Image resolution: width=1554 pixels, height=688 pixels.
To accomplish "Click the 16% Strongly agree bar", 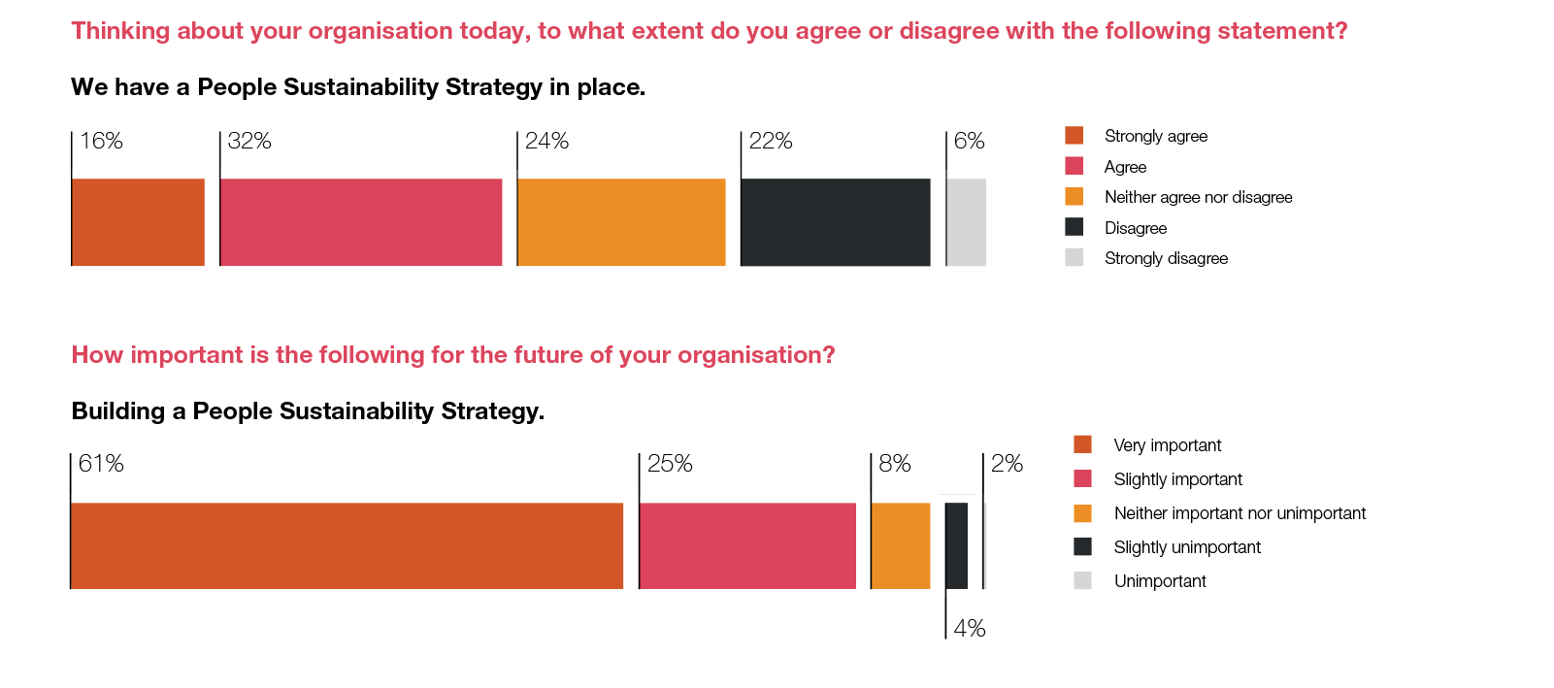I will [138, 222].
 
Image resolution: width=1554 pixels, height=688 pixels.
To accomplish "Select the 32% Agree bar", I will [361, 222].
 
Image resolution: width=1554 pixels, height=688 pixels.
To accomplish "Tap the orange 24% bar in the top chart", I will [621, 222].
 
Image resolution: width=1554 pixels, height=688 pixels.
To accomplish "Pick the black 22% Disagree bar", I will [836, 222].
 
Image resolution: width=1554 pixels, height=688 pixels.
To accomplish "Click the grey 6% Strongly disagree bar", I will [967, 222].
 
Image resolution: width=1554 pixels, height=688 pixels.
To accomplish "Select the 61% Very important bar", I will [347, 545].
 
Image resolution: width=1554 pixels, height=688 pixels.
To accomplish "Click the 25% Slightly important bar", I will [747, 545].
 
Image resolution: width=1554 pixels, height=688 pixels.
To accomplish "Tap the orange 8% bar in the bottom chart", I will [901, 545].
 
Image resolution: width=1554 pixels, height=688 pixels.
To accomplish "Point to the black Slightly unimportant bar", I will [957, 545].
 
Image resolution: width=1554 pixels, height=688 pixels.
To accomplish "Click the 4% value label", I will [970, 629].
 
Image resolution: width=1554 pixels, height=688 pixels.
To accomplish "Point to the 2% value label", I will [1007, 464].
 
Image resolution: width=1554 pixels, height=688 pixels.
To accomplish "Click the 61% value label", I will [101, 464].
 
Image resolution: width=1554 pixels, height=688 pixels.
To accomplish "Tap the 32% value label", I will [249, 141].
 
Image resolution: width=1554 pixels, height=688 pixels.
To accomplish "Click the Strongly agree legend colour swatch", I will [1074, 136].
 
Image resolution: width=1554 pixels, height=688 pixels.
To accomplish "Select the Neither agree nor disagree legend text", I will [1198, 197].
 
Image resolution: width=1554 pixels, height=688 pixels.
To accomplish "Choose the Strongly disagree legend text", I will [1166, 258].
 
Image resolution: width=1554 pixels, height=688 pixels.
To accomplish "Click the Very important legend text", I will [1167, 445].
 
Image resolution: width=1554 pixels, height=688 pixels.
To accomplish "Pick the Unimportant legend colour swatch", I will [1082, 581].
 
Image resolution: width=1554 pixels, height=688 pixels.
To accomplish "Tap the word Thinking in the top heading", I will [120, 31].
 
